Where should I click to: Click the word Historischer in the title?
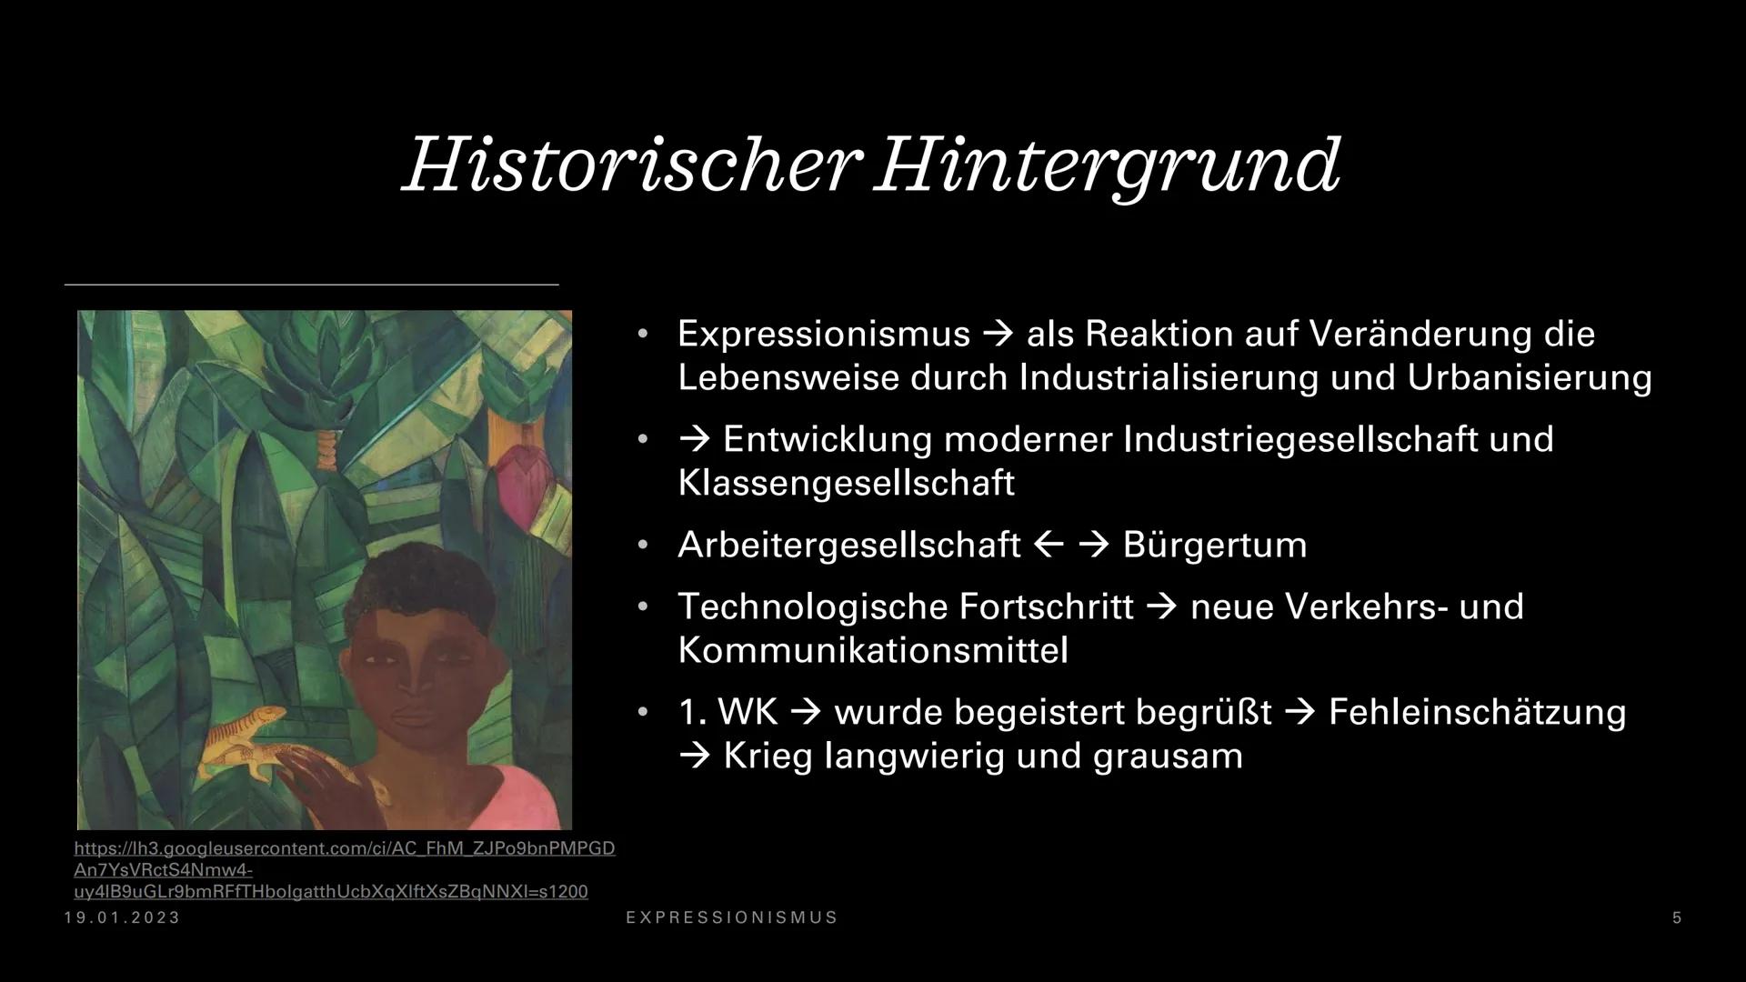click(631, 165)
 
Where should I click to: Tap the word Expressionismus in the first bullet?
click(824, 335)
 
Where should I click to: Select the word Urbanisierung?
click(1530, 377)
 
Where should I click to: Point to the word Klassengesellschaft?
click(846, 483)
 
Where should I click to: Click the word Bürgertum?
click(1215, 545)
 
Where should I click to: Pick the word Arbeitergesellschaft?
click(849, 546)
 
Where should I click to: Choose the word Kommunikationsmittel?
click(873, 650)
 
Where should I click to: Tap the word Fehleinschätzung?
click(1477, 712)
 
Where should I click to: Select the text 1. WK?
click(728, 712)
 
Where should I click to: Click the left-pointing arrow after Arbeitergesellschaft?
click(1049, 545)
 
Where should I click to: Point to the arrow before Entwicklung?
click(694, 440)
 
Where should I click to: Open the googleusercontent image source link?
click(345, 870)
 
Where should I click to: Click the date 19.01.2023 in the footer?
click(123, 918)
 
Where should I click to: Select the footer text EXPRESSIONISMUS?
click(732, 918)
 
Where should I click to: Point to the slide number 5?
click(1677, 918)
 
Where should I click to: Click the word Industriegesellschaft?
click(1300, 440)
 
